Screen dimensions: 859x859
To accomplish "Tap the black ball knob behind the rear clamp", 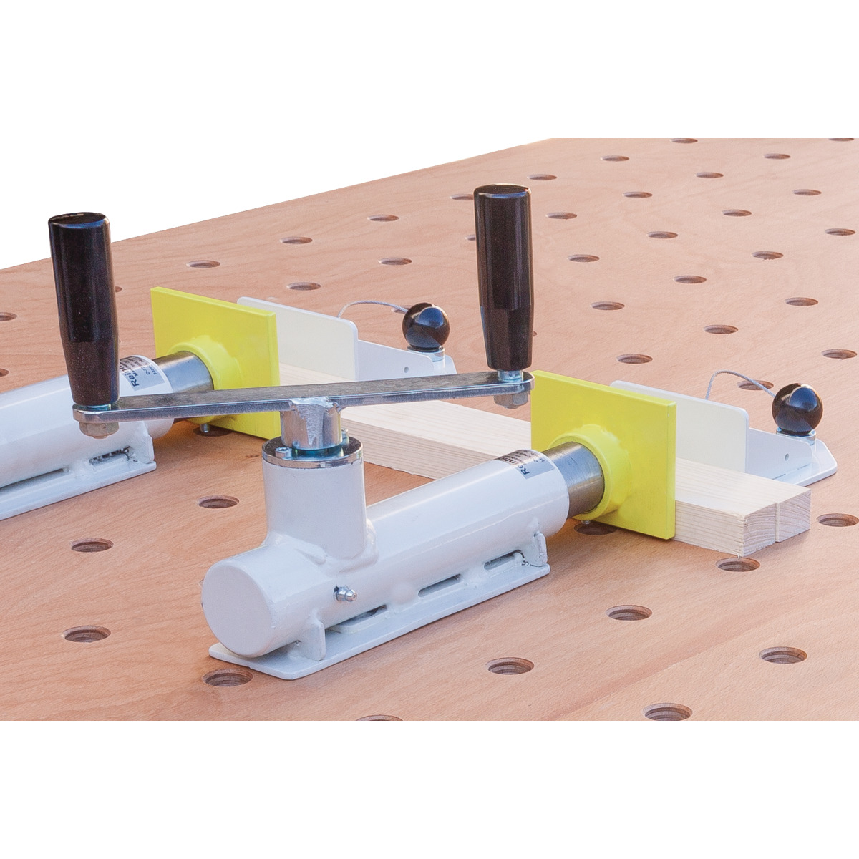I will (x=425, y=326).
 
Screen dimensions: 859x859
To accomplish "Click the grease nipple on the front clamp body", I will (x=346, y=593).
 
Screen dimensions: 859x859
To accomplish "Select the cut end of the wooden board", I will (x=744, y=521).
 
